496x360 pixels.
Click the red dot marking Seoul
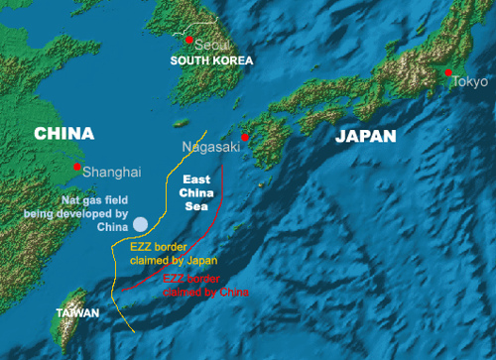pyautogui.click(x=189, y=39)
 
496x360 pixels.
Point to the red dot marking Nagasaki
pyautogui.click(x=245, y=137)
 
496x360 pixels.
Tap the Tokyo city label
pyautogui.click(x=470, y=81)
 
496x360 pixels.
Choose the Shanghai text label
pyautogui.click(x=112, y=172)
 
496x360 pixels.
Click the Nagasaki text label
pyautogui.click(x=210, y=146)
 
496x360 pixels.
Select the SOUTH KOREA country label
pyautogui.click(x=211, y=61)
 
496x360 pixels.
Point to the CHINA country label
pyautogui.click(x=63, y=133)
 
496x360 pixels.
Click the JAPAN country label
pyautogui.click(x=364, y=136)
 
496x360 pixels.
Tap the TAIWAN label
pyautogui.click(x=77, y=313)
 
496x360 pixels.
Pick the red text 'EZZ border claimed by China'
pyautogui.click(x=204, y=286)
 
